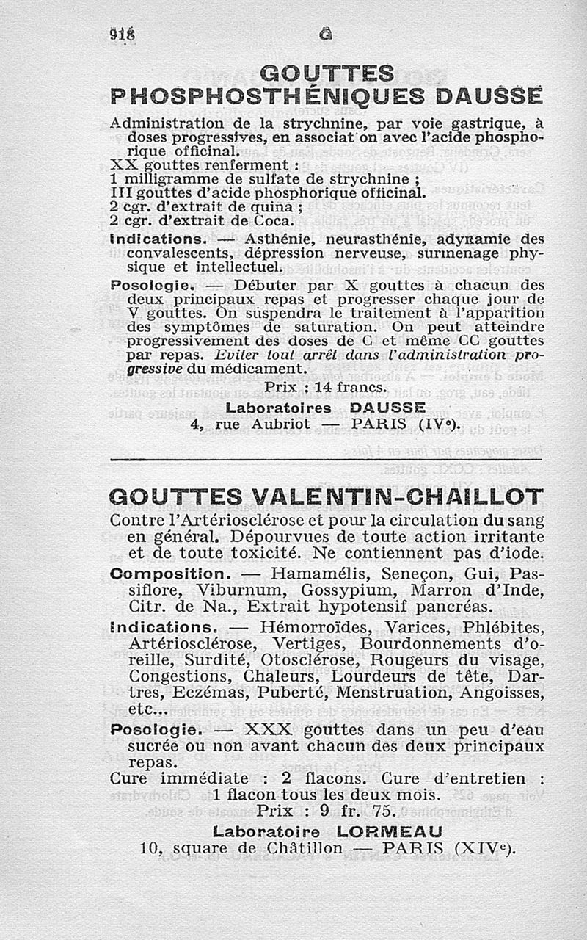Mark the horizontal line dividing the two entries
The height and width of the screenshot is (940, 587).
(x=325, y=460)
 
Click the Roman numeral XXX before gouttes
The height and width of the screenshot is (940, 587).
(x=268, y=730)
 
